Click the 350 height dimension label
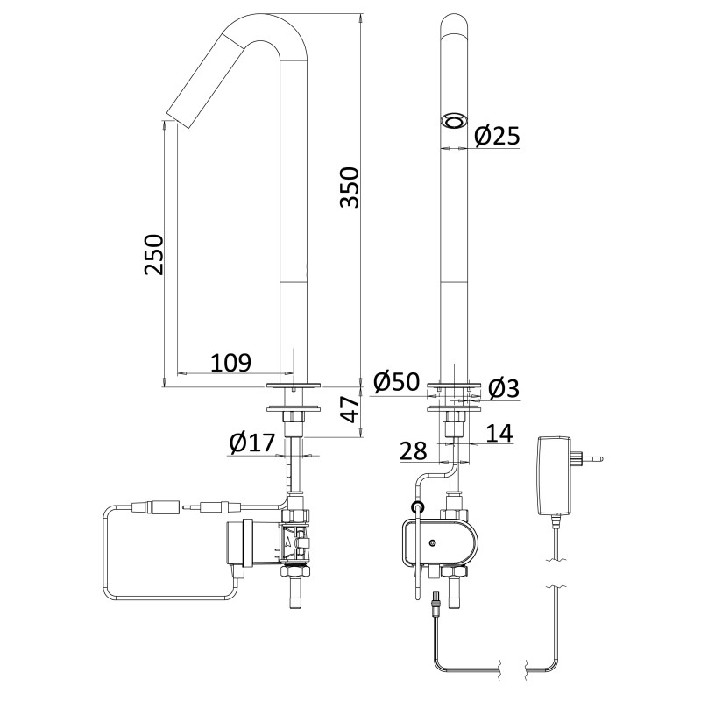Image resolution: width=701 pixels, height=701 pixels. point(349,187)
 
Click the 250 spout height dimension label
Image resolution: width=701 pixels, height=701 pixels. point(154,254)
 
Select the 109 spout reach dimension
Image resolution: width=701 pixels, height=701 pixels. point(231,361)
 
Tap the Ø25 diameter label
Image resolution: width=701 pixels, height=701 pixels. point(497,136)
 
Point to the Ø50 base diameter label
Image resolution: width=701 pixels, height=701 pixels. point(396,383)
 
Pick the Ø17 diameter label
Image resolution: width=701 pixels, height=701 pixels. point(251,443)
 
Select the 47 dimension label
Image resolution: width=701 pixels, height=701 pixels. point(350,409)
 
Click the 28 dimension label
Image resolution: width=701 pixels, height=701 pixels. point(414,450)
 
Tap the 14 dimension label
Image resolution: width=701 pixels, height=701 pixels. point(498,432)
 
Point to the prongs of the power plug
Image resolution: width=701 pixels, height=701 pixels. point(597,457)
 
